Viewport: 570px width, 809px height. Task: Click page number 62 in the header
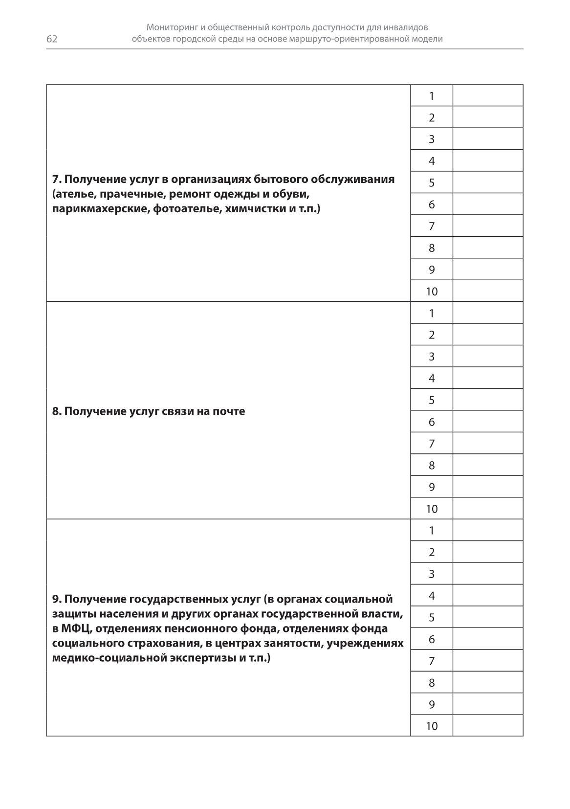52,39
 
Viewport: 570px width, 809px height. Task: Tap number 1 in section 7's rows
431,96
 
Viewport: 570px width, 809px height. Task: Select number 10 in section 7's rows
431,292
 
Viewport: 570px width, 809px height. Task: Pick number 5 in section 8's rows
431,400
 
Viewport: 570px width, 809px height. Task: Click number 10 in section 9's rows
431,726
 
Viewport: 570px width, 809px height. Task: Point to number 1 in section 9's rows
431,530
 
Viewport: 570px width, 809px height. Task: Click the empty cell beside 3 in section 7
487,139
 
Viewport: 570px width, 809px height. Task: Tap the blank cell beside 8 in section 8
487,465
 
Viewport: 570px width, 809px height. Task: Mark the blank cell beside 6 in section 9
487,639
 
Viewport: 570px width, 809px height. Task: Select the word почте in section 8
229,411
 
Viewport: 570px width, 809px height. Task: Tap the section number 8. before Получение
57,411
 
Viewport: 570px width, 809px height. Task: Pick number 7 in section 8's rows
431,444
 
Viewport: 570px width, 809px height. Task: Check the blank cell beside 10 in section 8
487,509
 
